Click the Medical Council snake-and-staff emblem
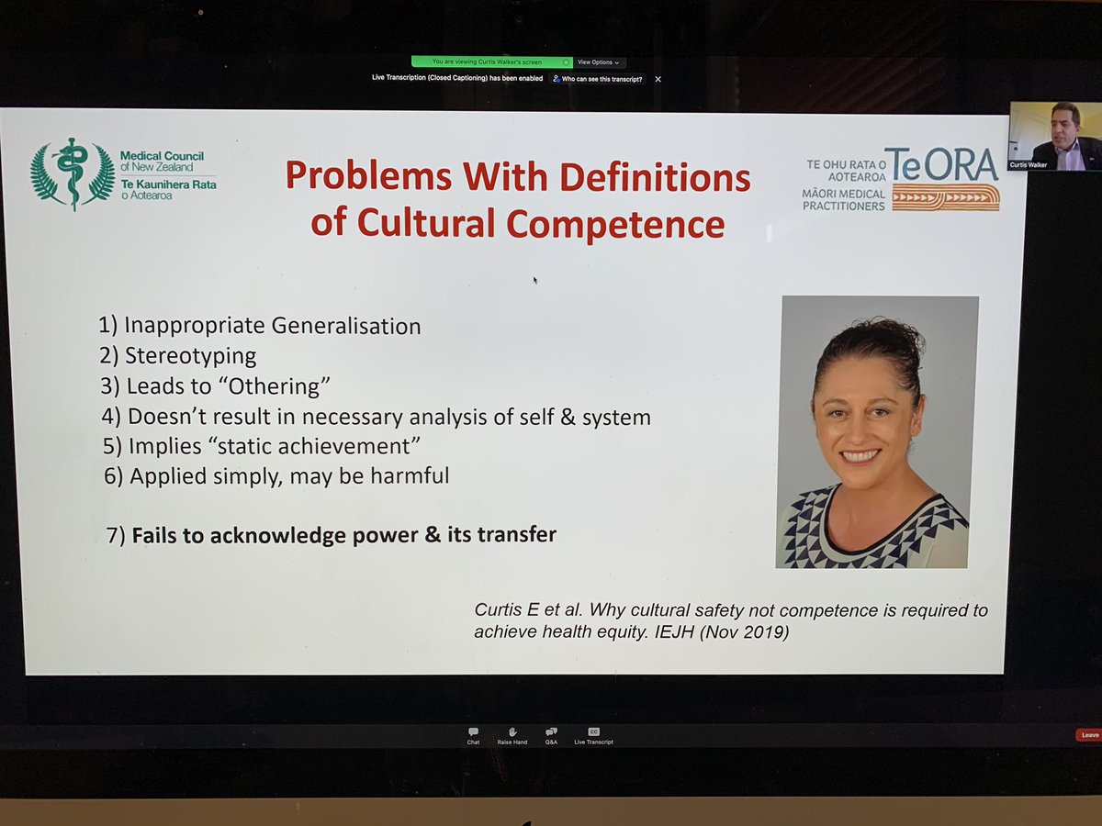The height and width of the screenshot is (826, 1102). [73, 173]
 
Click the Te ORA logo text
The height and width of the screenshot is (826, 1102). [941, 164]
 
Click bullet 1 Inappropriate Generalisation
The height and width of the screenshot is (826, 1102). [260, 326]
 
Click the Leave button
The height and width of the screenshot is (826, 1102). [1088, 735]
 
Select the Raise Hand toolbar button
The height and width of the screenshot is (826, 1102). [512, 735]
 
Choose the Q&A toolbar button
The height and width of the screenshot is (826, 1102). [551, 735]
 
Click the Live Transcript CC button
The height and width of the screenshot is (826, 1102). [593, 735]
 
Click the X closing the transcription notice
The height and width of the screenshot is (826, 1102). [658, 79]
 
